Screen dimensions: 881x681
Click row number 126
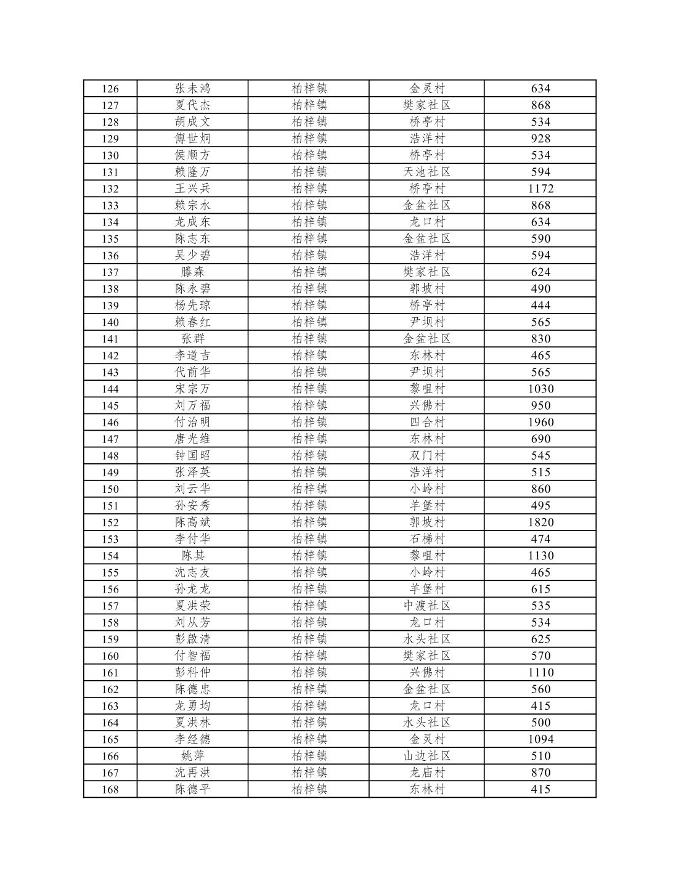coord(110,89)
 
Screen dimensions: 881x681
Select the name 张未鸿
coord(192,89)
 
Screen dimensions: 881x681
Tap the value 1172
coord(540,189)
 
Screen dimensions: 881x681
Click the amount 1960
coord(540,422)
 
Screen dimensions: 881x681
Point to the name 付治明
coord(192,422)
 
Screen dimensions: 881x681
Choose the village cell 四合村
coord(426,422)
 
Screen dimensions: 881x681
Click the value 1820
coord(540,522)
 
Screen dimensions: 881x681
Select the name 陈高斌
coord(192,522)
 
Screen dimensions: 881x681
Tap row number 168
coord(110,789)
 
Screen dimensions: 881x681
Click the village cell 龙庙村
coord(426,773)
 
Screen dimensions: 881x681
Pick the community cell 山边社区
coord(426,756)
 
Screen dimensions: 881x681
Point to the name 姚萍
coord(192,756)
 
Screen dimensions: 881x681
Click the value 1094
coord(540,739)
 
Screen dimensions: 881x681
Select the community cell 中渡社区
coord(426,606)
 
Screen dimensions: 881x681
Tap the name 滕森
coord(192,272)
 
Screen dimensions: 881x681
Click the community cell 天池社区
coord(426,172)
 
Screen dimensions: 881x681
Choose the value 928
coord(540,139)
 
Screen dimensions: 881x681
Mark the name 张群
coord(192,338)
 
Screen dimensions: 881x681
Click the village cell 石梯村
coord(426,539)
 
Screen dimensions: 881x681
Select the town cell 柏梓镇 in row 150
coord(309,489)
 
